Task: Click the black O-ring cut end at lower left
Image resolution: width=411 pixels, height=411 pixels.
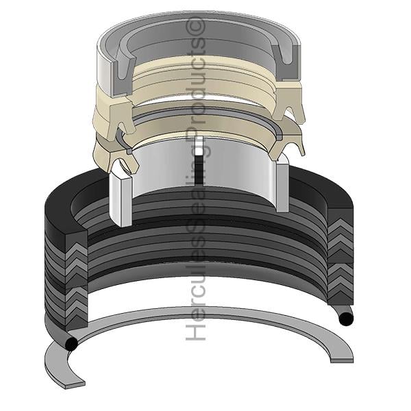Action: point(71,343)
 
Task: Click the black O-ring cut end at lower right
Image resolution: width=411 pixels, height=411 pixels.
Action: point(346,319)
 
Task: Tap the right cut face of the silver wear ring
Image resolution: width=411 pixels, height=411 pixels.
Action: point(282,186)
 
